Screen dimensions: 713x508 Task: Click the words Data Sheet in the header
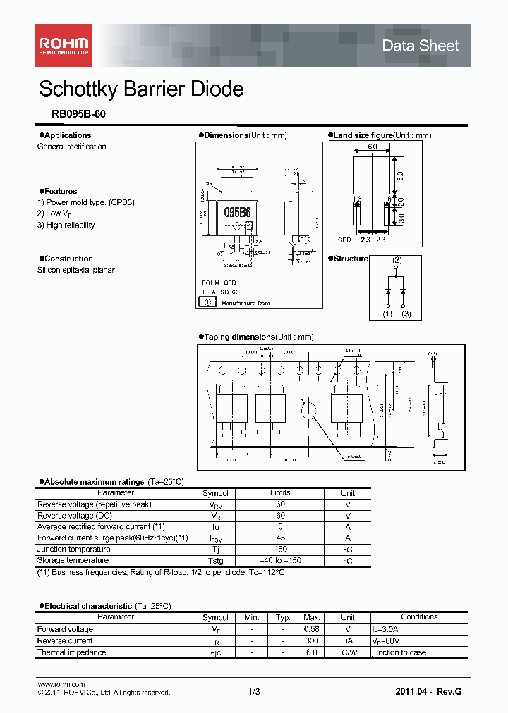tap(420, 46)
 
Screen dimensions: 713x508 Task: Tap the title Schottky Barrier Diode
tap(141, 89)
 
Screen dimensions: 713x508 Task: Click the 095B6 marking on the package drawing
tap(237, 212)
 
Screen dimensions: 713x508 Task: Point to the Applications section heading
tap(68, 135)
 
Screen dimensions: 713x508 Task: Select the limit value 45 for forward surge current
tap(280, 538)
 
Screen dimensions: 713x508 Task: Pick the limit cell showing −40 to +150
tap(280, 561)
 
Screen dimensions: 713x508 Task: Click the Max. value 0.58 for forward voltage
tap(310, 629)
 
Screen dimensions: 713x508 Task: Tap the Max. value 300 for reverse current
tap(310, 640)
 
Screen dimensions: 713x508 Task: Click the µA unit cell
tap(348, 640)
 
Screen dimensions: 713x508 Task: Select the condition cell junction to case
tap(399, 652)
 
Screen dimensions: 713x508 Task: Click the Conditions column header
tap(419, 617)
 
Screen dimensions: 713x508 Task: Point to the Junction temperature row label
tap(73, 550)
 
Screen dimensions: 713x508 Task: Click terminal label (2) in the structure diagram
tap(397, 260)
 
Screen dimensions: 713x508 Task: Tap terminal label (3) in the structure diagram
tap(406, 314)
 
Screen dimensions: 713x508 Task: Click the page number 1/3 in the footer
tap(254, 693)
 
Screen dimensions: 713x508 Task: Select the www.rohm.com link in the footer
tap(61, 684)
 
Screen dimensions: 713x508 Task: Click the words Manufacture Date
tap(246, 303)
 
